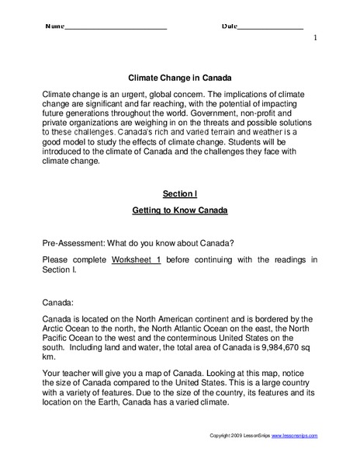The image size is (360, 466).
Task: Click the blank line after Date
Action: [x=271, y=27]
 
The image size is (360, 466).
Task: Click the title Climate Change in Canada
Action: [x=179, y=78]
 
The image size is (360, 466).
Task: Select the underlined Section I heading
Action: [x=179, y=192]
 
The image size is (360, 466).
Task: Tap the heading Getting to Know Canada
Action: [x=179, y=210]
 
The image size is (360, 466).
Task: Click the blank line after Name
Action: [x=116, y=27]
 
